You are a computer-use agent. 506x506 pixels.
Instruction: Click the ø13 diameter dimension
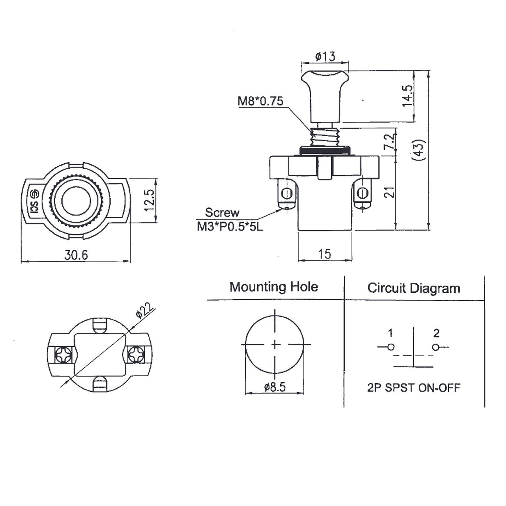pyautogui.click(x=326, y=56)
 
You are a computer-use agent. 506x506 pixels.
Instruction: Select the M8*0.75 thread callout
pyautogui.click(x=261, y=101)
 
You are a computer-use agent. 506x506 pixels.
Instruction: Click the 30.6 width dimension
pyautogui.click(x=76, y=255)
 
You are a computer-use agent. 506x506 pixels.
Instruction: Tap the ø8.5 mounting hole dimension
pyautogui.click(x=275, y=387)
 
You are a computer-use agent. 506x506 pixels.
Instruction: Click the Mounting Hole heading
pyautogui.click(x=274, y=287)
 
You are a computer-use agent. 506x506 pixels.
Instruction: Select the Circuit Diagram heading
pyautogui.click(x=414, y=288)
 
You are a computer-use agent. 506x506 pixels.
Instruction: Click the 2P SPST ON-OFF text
pyautogui.click(x=414, y=388)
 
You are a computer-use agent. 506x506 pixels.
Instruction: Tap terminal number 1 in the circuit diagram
pyautogui.click(x=390, y=333)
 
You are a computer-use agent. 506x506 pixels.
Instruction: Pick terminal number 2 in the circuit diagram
pyautogui.click(x=436, y=333)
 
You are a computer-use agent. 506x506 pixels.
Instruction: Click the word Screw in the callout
pyautogui.click(x=222, y=213)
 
